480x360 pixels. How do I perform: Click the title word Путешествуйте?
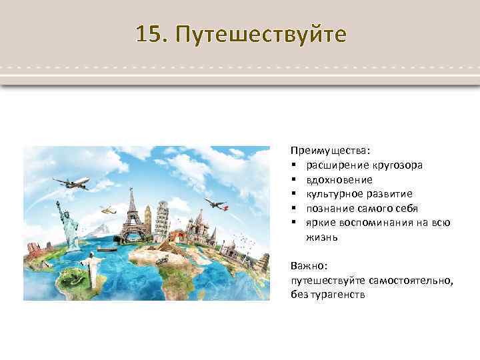(x=261, y=34)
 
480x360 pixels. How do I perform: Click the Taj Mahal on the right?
(x=230, y=250)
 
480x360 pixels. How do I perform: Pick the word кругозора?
(x=398, y=165)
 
